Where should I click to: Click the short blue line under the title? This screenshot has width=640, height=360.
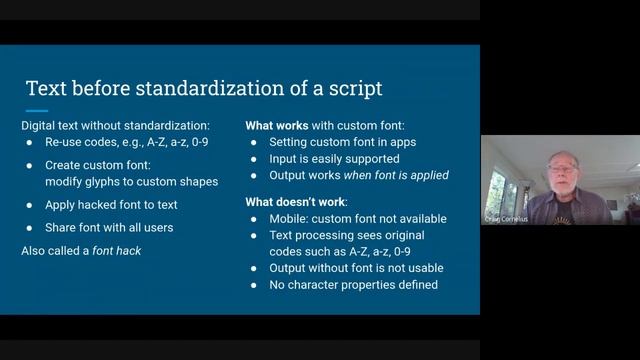pos(37,110)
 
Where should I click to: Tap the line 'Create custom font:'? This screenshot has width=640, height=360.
pos(96,164)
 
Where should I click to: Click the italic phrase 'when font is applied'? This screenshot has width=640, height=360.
pos(399,175)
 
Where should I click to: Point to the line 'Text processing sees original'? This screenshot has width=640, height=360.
pos(351,235)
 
